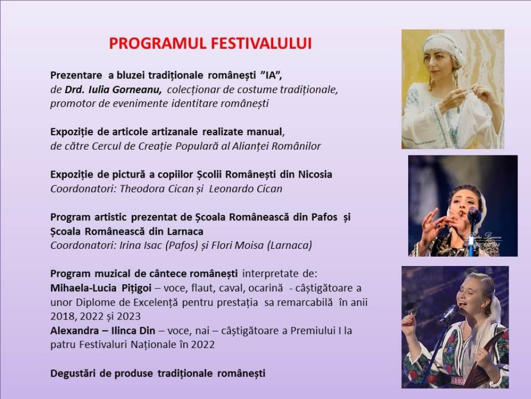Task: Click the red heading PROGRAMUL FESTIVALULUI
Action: tap(211, 44)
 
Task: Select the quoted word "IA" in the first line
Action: tap(271, 75)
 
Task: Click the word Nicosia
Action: tap(315, 175)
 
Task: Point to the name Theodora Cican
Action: tap(157, 189)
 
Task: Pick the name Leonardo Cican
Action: tap(245, 189)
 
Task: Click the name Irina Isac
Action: tap(141, 245)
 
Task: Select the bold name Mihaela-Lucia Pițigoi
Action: tap(101, 288)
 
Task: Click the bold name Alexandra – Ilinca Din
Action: tap(103, 330)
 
